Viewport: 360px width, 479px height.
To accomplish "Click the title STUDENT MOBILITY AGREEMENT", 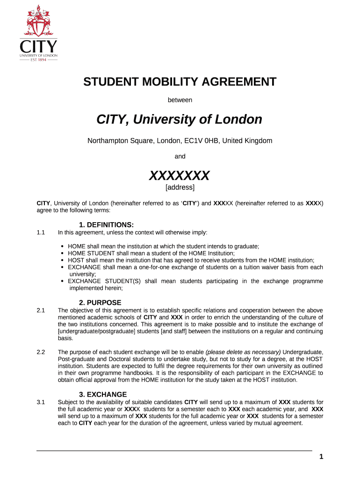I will (x=180, y=82).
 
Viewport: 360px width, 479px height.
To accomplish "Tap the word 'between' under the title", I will (x=180, y=100).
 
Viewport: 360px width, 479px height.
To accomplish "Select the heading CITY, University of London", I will (x=180, y=120).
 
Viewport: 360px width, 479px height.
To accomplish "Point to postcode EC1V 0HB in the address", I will (x=202, y=141).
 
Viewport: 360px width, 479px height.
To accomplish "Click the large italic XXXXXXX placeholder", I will (x=180, y=176).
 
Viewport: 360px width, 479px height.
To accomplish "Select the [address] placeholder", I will (x=180, y=188).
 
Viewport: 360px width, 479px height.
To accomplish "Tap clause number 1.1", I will (x=40, y=232).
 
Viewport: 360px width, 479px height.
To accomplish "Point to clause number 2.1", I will (x=40, y=310).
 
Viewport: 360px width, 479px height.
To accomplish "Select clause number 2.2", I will (x=40, y=352).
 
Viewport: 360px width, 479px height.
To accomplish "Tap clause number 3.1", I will (x=40, y=402).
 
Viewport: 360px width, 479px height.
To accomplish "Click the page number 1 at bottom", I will (x=321, y=457).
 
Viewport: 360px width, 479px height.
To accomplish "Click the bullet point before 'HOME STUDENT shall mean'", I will (x=63, y=253).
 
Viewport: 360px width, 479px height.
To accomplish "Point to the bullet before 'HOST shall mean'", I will (x=63, y=260).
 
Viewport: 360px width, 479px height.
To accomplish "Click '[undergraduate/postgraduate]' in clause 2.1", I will (x=96, y=331).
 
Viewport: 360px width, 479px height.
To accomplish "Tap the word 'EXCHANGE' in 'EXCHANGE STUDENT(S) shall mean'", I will (x=84, y=281).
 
